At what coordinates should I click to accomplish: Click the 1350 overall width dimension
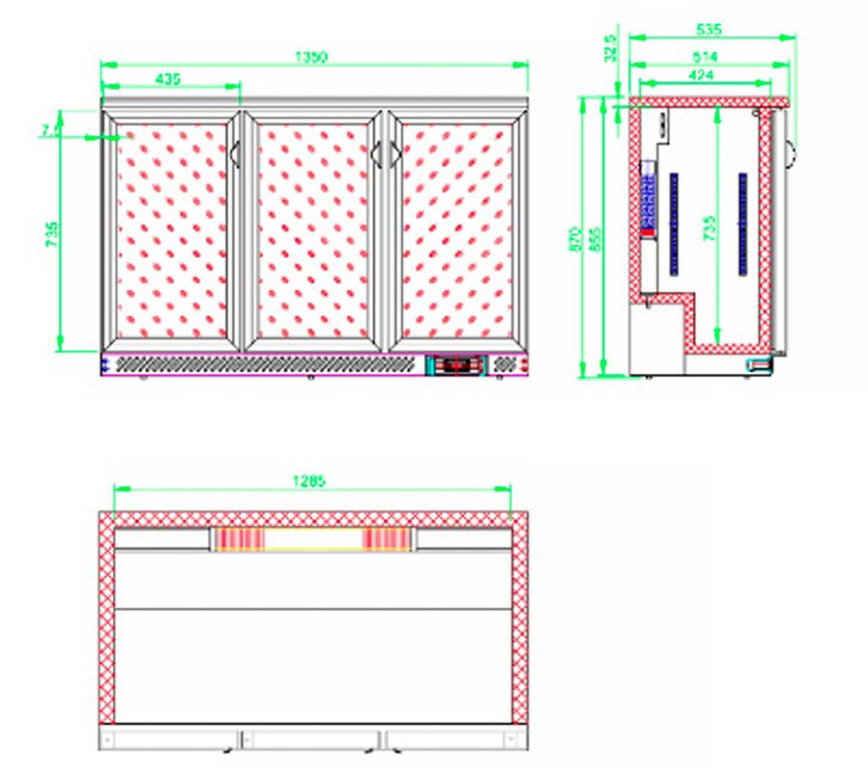pyautogui.click(x=311, y=57)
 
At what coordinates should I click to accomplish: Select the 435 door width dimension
pyautogui.click(x=168, y=78)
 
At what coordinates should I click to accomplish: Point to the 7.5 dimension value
pyautogui.click(x=50, y=130)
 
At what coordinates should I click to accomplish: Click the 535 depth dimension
pyautogui.click(x=708, y=30)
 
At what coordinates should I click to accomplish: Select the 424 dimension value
pyautogui.click(x=700, y=74)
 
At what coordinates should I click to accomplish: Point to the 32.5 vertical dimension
pyautogui.click(x=611, y=48)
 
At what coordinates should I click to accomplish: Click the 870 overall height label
pyautogui.click(x=576, y=239)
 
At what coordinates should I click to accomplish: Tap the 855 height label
pyautogui.click(x=595, y=239)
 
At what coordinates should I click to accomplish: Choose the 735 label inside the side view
pyautogui.click(x=710, y=228)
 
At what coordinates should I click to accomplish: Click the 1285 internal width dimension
pyautogui.click(x=309, y=480)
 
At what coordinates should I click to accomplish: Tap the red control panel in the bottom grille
pyautogui.click(x=456, y=366)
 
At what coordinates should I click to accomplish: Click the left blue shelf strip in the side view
pyautogui.click(x=673, y=223)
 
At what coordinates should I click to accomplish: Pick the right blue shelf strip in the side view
pyautogui.click(x=742, y=223)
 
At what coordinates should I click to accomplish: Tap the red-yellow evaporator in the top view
pyautogui.click(x=312, y=539)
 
